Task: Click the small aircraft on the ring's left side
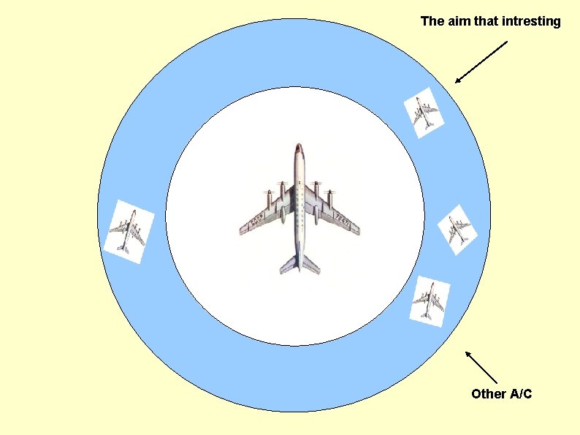click(129, 227)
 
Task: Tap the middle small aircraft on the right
click(458, 230)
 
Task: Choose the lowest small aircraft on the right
click(430, 300)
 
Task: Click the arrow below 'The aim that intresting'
click(480, 62)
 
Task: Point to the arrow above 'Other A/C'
click(481, 368)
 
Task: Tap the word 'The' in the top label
click(432, 22)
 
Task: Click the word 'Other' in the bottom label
click(488, 394)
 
